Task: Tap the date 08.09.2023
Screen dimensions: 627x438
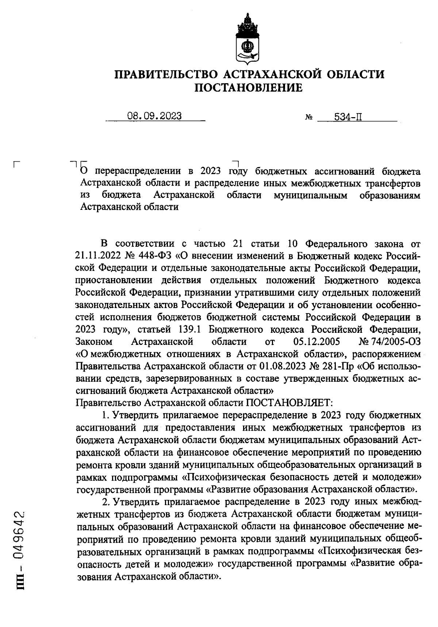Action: pyautogui.click(x=154, y=116)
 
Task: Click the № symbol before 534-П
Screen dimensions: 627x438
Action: pyautogui.click(x=308, y=118)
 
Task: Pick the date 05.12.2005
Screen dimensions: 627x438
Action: pyautogui.click(x=316, y=342)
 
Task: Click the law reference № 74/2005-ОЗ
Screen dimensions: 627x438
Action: pyautogui.click(x=390, y=342)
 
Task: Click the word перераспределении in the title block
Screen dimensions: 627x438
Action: pyautogui.click(x=139, y=171)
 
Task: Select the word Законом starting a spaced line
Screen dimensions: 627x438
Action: pyautogui.click(x=94, y=342)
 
